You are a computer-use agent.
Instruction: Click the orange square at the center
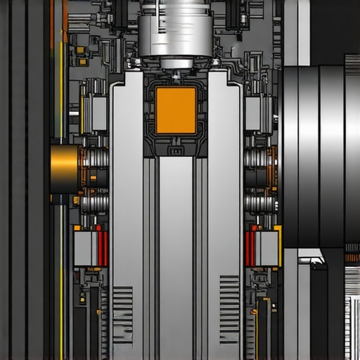175,110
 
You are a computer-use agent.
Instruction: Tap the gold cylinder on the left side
65,169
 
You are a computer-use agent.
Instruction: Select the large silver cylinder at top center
174,32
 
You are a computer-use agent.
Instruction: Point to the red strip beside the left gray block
103,249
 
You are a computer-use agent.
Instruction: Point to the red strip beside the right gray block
250,249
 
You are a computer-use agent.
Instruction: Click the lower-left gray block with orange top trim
86,248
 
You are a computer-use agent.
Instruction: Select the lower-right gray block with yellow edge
267,248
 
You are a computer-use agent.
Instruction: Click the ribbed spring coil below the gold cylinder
94,204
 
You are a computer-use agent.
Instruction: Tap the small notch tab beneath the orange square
175,150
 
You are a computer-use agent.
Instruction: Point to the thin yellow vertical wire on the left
61,281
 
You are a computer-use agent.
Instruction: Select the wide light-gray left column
127,211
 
